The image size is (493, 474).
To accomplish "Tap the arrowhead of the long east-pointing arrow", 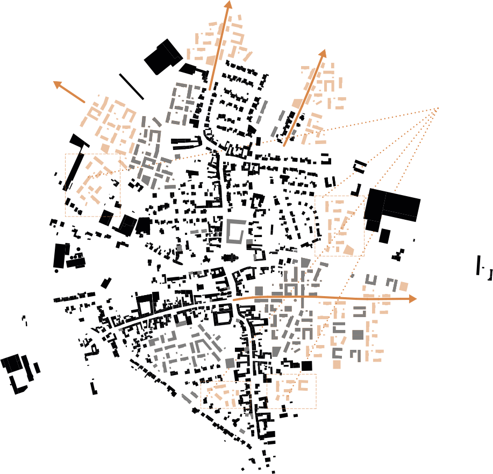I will click(x=413, y=298).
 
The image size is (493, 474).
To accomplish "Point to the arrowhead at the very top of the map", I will click(x=228, y=5).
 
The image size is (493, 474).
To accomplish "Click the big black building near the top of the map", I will click(x=163, y=56).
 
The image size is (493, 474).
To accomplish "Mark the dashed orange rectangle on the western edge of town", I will click(x=92, y=185).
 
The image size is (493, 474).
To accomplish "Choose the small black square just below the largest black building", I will click(x=384, y=235).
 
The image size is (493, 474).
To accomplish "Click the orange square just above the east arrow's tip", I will click(x=403, y=286).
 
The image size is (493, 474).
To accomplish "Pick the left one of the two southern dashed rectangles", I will click(x=226, y=395).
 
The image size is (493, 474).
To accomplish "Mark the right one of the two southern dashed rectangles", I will click(x=292, y=391).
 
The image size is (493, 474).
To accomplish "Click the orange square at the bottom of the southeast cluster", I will click(x=337, y=365).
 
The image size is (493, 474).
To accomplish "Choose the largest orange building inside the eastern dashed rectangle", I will click(x=348, y=250).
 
